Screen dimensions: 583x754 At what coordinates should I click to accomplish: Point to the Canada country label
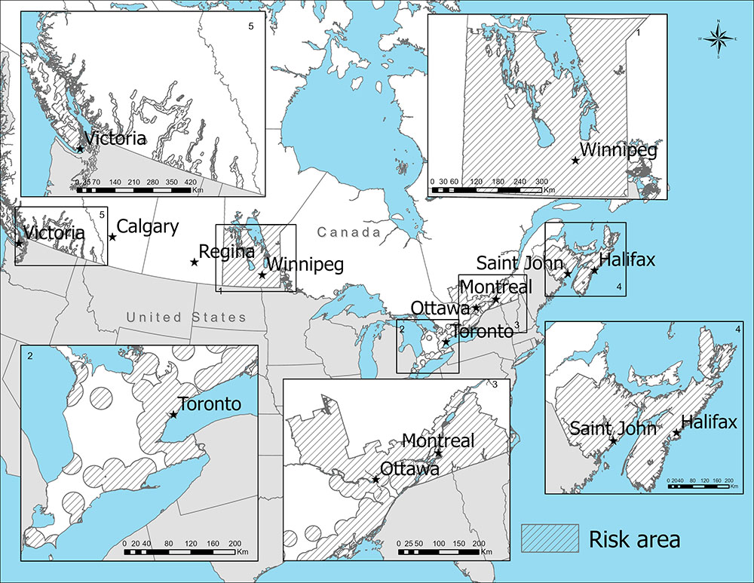(349, 232)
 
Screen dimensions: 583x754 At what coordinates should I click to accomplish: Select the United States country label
(186, 317)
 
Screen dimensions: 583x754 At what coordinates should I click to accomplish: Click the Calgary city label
(149, 226)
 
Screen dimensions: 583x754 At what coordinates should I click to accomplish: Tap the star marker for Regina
(195, 262)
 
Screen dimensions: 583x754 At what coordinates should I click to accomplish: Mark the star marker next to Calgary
(112, 237)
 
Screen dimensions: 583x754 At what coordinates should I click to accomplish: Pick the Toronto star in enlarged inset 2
(173, 414)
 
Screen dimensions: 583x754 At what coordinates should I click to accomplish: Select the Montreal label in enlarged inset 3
(438, 440)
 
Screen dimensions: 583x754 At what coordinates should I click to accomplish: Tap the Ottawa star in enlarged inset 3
(375, 480)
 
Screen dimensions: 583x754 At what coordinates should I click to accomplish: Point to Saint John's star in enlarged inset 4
(613, 441)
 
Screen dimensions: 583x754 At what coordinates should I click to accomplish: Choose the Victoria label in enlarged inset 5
(115, 139)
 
